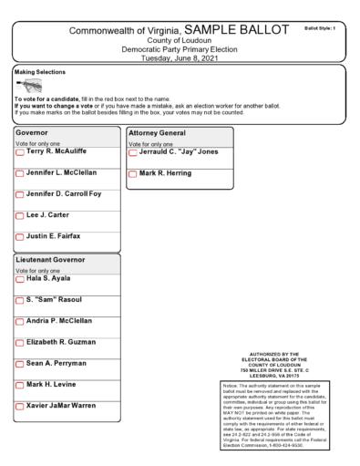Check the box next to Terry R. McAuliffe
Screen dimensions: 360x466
(x=20, y=154)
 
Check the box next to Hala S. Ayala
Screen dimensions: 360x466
(x=20, y=280)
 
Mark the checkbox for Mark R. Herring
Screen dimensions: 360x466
(x=132, y=174)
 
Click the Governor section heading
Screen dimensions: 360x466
(x=35, y=132)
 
